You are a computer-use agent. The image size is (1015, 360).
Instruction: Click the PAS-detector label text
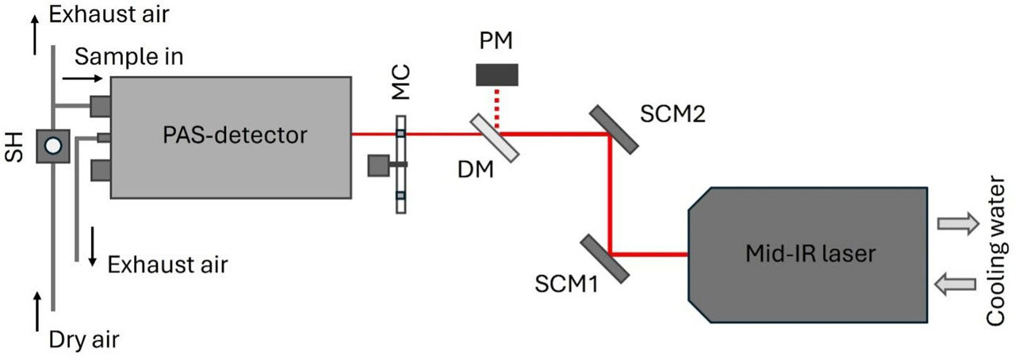(235, 135)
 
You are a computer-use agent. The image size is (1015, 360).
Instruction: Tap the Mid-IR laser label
(810, 253)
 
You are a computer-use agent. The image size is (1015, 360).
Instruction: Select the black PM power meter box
(496, 75)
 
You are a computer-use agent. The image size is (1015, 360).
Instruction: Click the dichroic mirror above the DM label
(494, 137)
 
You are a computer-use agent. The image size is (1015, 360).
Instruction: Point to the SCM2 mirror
(615, 130)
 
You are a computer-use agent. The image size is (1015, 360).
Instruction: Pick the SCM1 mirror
(605, 259)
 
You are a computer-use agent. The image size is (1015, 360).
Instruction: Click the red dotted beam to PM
(497, 108)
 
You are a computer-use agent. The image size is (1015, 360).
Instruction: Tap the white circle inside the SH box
(53, 146)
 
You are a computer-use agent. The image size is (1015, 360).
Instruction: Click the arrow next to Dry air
(37, 312)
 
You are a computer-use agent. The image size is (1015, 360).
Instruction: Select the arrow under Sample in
(82, 79)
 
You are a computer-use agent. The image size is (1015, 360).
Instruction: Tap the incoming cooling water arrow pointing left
(956, 284)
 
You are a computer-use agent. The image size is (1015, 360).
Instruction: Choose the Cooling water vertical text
(996, 251)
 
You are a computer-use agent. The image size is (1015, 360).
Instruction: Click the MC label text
(400, 82)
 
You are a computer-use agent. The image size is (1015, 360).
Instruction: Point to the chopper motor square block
(378, 166)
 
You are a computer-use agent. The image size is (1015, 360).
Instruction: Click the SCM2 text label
(672, 113)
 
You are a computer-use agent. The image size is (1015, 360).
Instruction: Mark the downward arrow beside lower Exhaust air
(93, 247)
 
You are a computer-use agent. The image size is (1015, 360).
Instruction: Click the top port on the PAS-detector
(101, 106)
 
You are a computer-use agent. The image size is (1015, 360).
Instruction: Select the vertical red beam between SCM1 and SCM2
(611, 194)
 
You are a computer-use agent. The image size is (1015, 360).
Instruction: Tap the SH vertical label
(14, 147)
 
